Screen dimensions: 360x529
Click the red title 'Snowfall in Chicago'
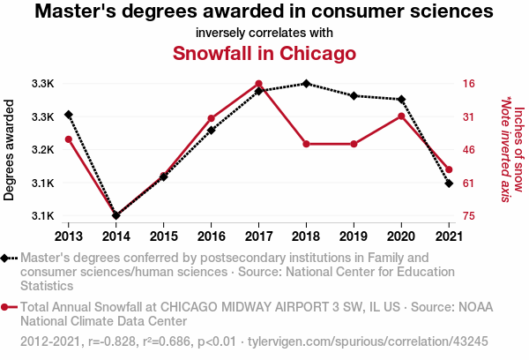pyautogui.click(x=264, y=53)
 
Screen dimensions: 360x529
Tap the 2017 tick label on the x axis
pyautogui.click(x=258, y=236)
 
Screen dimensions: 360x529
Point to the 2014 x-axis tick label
pyautogui.click(x=115, y=236)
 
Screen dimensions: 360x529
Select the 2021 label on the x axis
pyautogui.click(x=449, y=236)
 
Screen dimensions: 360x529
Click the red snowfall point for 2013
pyautogui.click(x=68, y=139)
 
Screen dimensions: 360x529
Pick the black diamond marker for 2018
pyautogui.click(x=306, y=84)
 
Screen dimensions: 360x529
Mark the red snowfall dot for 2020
pyautogui.click(x=401, y=116)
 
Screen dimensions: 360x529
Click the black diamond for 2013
pyautogui.click(x=68, y=115)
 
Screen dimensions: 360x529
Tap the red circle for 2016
pyautogui.click(x=211, y=118)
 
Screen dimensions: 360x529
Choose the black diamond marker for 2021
pyautogui.click(x=449, y=184)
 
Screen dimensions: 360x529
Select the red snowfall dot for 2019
pyautogui.click(x=354, y=144)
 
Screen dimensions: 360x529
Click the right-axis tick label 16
pyautogui.click(x=468, y=84)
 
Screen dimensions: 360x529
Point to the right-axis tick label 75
pyautogui.click(x=468, y=216)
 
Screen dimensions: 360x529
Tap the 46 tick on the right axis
pyautogui.click(x=468, y=150)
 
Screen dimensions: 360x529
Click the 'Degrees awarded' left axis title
pyautogui.click(x=10, y=150)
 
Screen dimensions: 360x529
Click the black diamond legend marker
pyautogui.click(x=9, y=258)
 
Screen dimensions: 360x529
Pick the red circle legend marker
pyautogui.click(x=9, y=307)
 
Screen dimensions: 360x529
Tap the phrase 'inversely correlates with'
pyautogui.click(x=264, y=33)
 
